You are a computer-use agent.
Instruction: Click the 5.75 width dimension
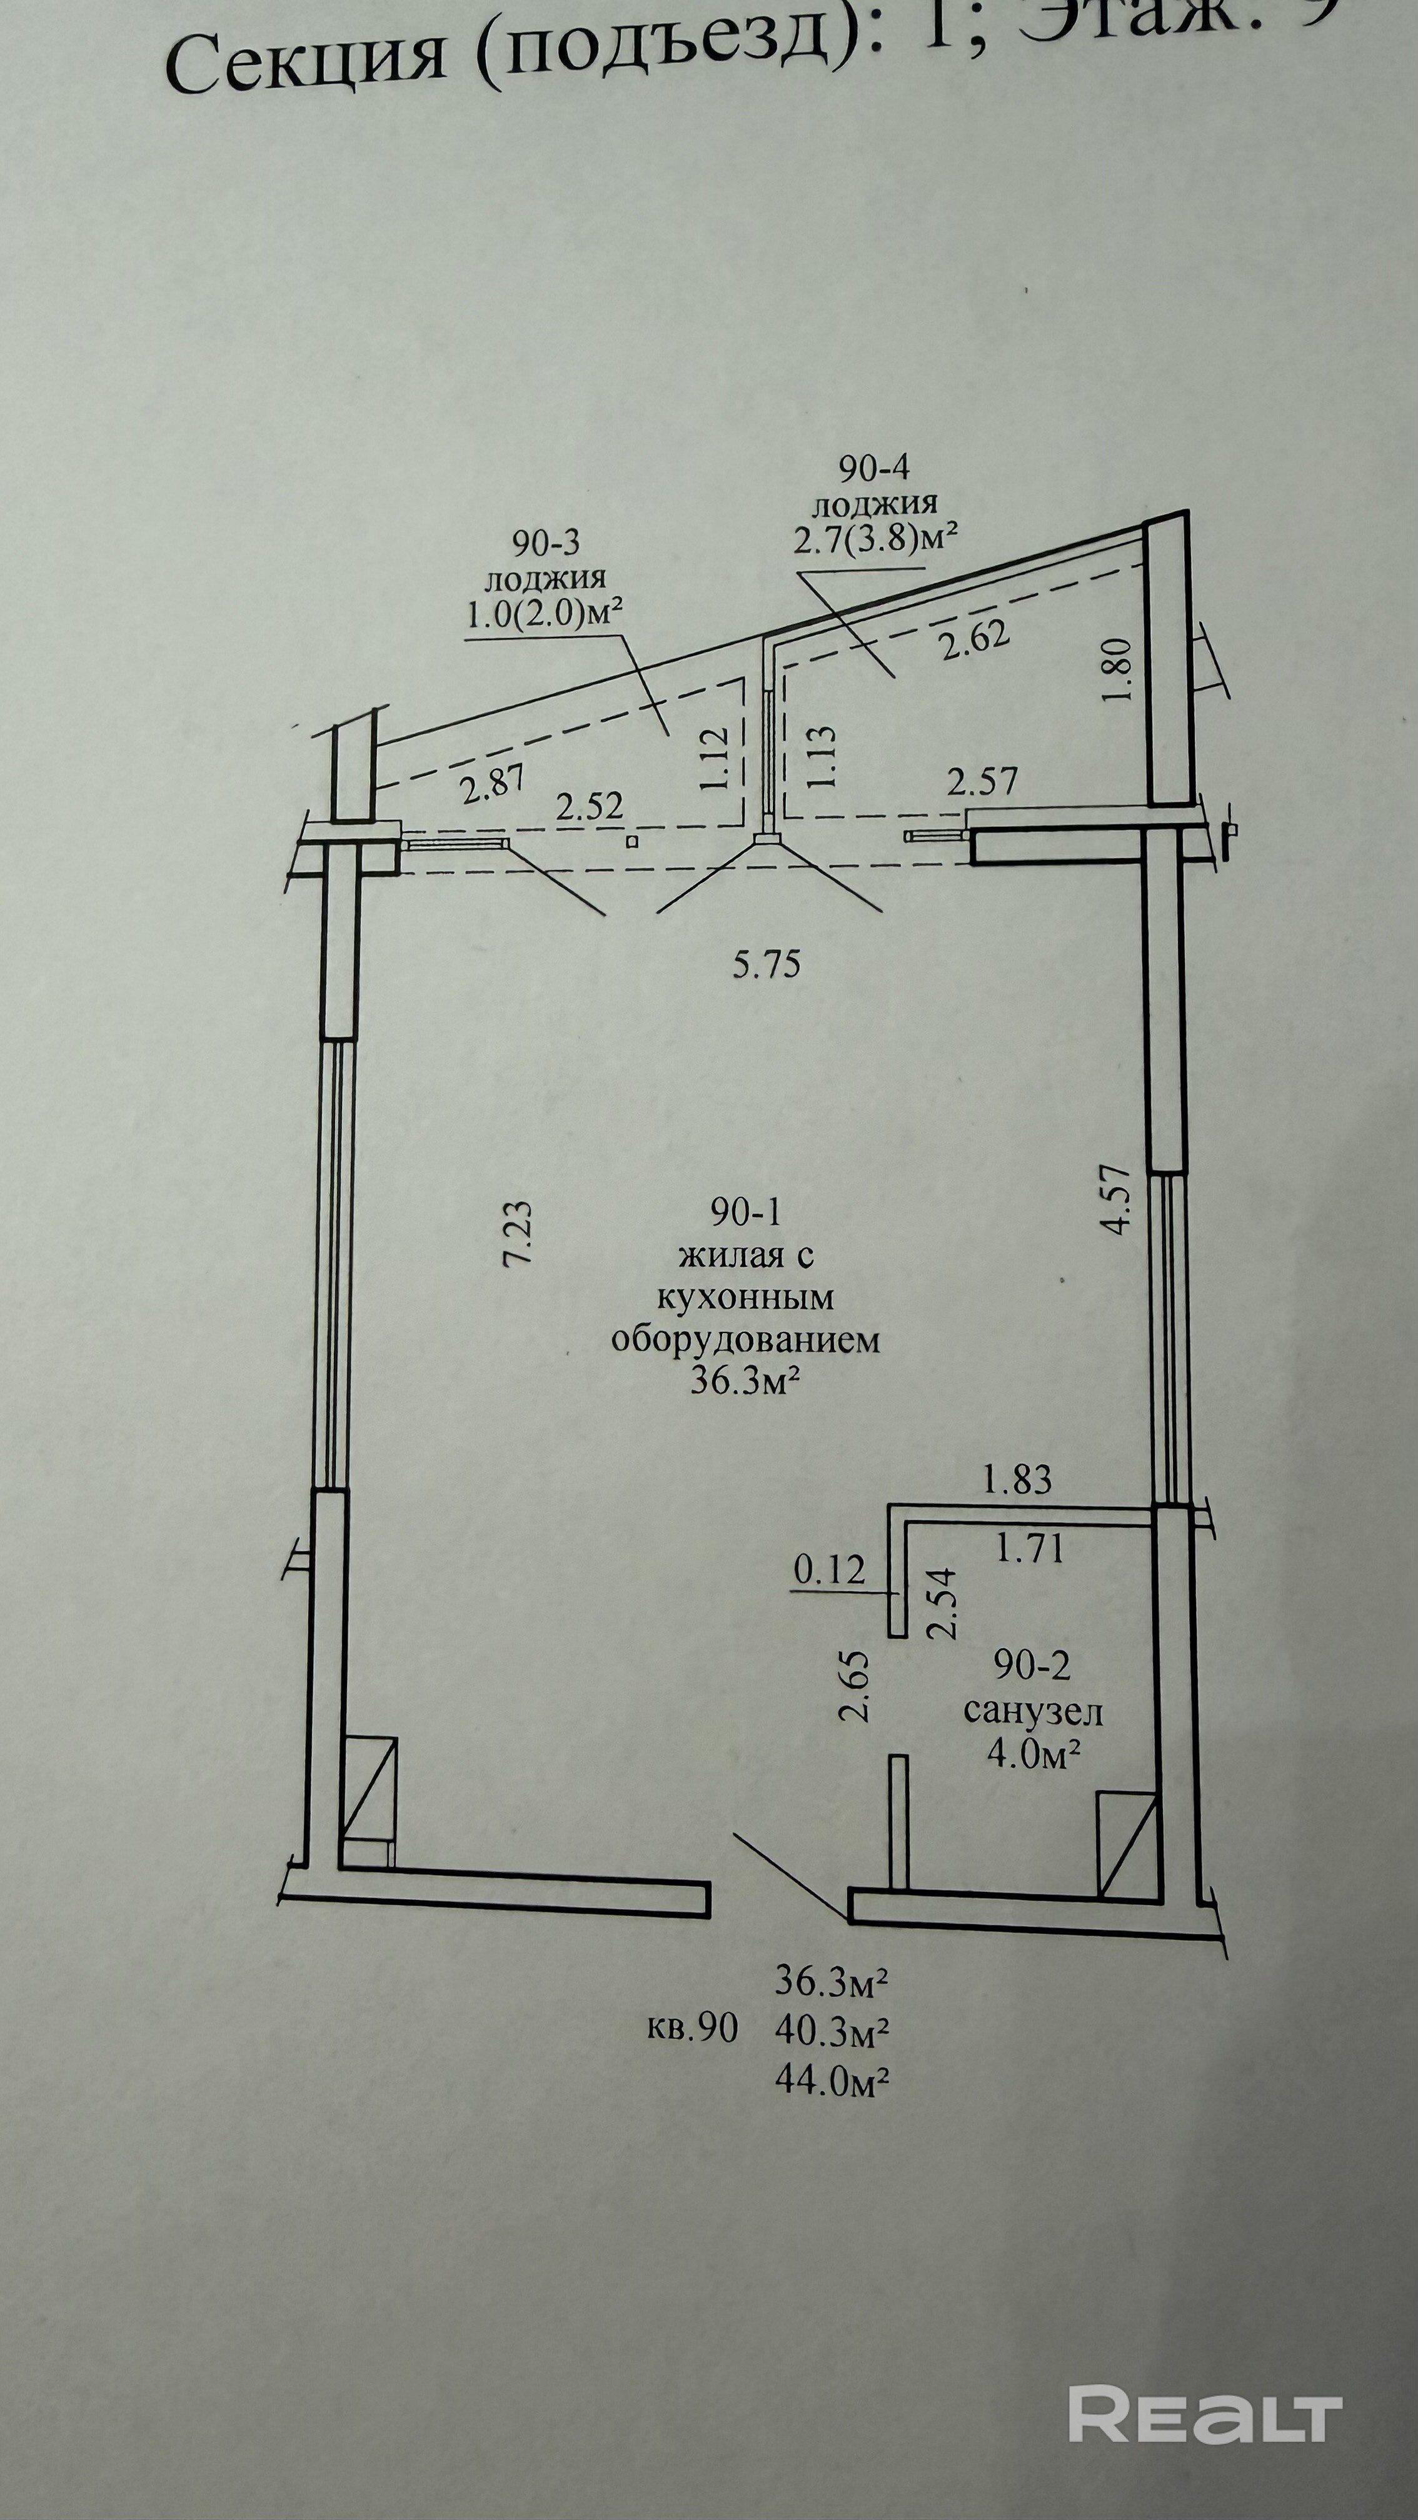767,964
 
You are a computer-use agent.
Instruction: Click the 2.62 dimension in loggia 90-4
973,641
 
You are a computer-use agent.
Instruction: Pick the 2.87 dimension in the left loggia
492,784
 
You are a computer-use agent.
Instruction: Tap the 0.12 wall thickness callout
830,1570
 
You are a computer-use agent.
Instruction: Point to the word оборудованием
746,1339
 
